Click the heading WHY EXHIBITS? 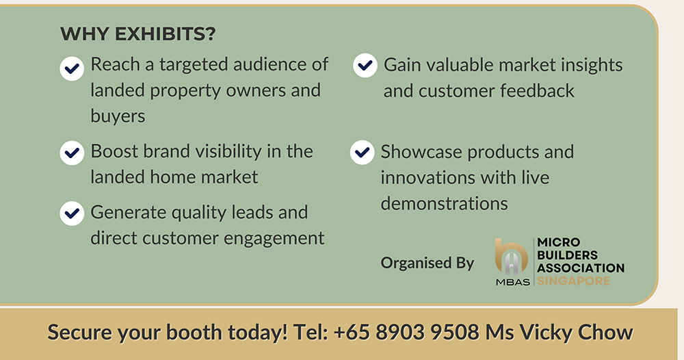138,34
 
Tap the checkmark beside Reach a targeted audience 72,68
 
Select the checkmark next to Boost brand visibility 72,153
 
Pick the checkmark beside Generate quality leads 72,214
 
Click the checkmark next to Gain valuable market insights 365,66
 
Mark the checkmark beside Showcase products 362,153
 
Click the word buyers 118,116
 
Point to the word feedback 537,91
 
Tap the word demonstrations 444,203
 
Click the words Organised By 427,263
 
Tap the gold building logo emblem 512,257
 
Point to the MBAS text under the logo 512,282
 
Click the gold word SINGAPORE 574,281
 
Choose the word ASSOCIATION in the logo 581,268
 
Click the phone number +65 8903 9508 406,332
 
